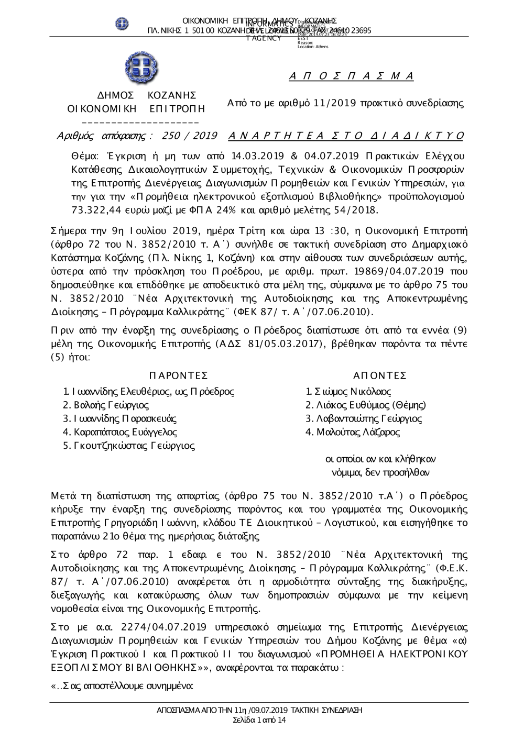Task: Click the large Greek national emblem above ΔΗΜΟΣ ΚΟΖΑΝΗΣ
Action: pyautogui.click(x=141, y=69)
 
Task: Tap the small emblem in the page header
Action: pyautogui.click(x=122, y=23)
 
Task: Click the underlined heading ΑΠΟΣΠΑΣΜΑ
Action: pyautogui.click(x=352, y=76)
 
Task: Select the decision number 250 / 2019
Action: pyautogui.click(x=190, y=136)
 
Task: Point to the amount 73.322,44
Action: pyautogui.click(x=97, y=210)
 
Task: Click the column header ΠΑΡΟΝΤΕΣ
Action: pyautogui.click(x=178, y=376)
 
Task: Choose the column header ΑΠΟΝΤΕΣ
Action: pyautogui.click(x=380, y=376)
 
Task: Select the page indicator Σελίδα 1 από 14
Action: pyautogui.click(x=259, y=720)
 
